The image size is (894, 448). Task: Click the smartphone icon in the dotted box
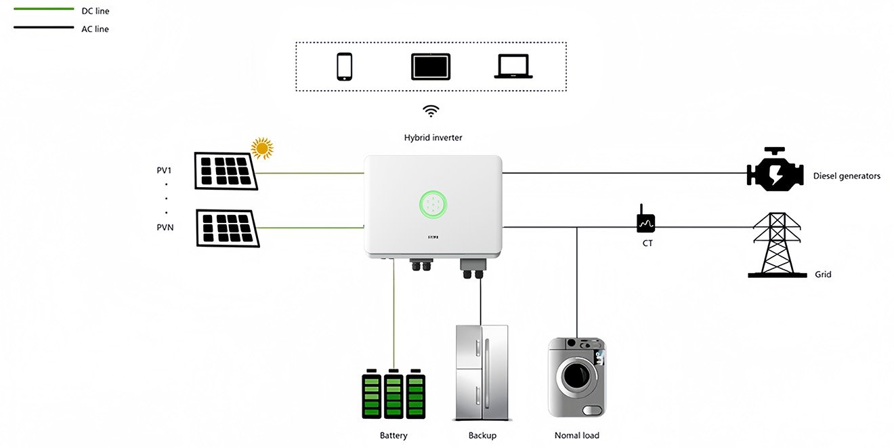pyautogui.click(x=345, y=67)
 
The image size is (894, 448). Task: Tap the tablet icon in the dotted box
pyautogui.click(x=431, y=67)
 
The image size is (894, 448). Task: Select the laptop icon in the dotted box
pyautogui.click(x=513, y=67)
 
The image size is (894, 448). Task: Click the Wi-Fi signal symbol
pyautogui.click(x=431, y=111)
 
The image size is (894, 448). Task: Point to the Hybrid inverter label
pyautogui.click(x=433, y=138)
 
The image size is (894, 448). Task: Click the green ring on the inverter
pyautogui.click(x=433, y=204)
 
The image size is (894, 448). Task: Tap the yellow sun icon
pyautogui.click(x=261, y=148)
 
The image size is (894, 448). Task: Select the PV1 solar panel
pyautogui.click(x=226, y=171)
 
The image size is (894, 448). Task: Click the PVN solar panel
pyautogui.click(x=228, y=228)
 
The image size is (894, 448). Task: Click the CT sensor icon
pyautogui.click(x=645, y=221)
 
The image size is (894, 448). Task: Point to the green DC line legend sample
pyautogui.click(x=43, y=9)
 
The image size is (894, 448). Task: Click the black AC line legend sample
pyautogui.click(x=43, y=28)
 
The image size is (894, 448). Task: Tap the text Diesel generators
pyautogui.click(x=847, y=176)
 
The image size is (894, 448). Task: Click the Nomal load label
pyautogui.click(x=576, y=435)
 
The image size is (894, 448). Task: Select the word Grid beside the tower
pyautogui.click(x=823, y=274)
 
